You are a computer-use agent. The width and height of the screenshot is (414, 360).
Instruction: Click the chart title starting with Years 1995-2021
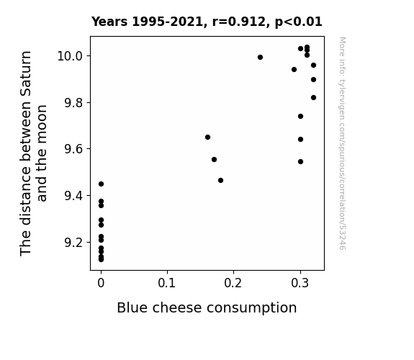[x=207, y=22]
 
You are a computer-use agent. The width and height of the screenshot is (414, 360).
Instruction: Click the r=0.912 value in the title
[x=239, y=22]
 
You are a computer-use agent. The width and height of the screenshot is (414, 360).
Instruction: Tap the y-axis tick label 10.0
[x=71, y=56]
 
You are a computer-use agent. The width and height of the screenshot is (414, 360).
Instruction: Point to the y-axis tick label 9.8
[x=73, y=102]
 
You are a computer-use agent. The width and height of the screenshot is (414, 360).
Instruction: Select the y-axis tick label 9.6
[x=73, y=149]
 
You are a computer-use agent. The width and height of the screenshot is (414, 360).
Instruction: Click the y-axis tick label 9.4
[x=73, y=195]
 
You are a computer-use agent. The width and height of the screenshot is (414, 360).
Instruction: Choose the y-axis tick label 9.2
[x=73, y=242]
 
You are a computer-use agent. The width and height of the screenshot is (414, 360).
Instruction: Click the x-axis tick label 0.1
[x=166, y=283]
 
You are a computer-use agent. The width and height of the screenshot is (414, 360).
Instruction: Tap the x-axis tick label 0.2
[x=233, y=283]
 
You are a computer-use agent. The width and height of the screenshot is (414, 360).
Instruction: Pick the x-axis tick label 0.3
[x=300, y=283]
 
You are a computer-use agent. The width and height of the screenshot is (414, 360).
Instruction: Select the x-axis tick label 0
[x=101, y=283]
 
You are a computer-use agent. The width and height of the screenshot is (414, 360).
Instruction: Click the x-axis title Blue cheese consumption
[x=207, y=308]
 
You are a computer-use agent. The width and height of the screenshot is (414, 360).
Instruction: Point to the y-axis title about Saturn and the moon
[x=33, y=153]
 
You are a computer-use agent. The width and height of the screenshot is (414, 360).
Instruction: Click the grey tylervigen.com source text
[x=342, y=143]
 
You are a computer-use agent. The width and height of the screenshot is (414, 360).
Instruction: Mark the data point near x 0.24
[x=260, y=58]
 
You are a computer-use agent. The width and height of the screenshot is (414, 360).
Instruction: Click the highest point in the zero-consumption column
[x=101, y=184]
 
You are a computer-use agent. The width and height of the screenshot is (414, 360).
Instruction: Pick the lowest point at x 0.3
[x=300, y=162]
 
